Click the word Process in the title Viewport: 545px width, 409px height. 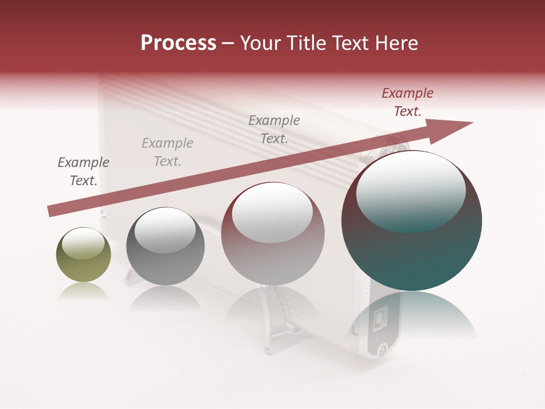[x=178, y=43]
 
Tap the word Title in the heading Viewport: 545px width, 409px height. [x=306, y=43]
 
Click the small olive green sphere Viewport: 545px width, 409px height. [x=83, y=255]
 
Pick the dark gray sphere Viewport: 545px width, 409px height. [x=165, y=247]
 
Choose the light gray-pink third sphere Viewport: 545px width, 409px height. [x=272, y=234]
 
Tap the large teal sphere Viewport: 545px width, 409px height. [x=412, y=221]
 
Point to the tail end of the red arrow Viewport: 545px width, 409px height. [x=52, y=211]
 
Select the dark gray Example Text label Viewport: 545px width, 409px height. [x=83, y=172]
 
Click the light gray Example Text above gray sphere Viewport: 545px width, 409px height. [x=167, y=152]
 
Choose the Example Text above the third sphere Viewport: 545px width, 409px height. [x=274, y=130]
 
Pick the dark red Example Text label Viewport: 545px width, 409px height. [x=408, y=102]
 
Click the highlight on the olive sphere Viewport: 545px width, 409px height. [x=83, y=243]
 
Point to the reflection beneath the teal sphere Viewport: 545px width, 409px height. [x=412, y=312]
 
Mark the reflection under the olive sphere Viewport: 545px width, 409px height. [x=83, y=291]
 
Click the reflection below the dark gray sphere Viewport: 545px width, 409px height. [x=165, y=298]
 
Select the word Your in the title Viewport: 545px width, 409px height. [x=259, y=43]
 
